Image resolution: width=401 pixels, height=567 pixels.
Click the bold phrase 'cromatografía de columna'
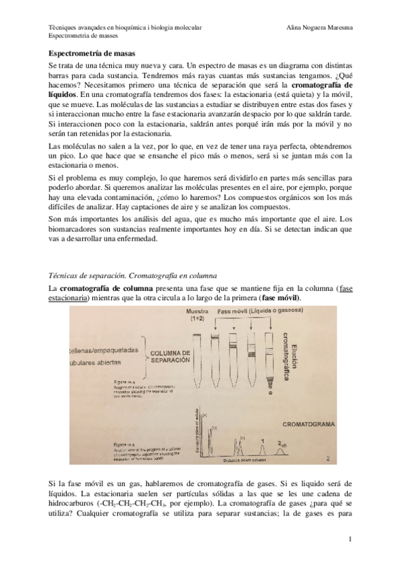pos(102,288)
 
